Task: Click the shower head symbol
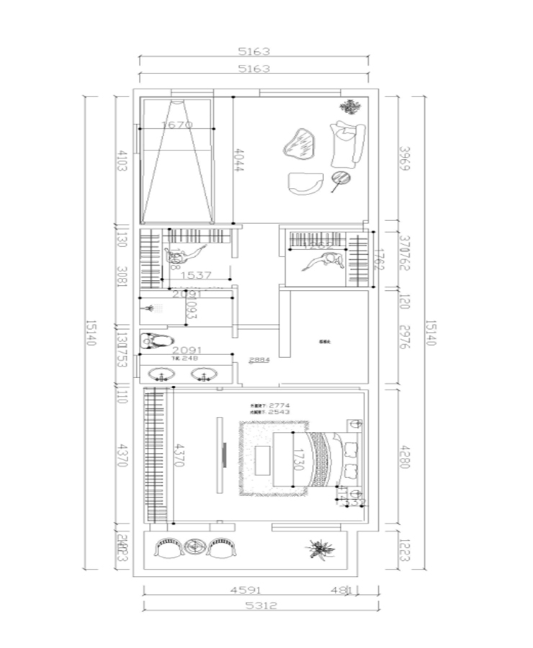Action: pyautogui.click(x=149, y=308)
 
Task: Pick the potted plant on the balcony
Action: pyautogui.click(x=318, y=549)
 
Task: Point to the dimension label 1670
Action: pyautogui.click(x=177, y=125)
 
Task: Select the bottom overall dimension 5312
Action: pyautogui.click(x=260, y=606)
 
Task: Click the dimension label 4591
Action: pyautogui.click(x=245, y=590)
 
